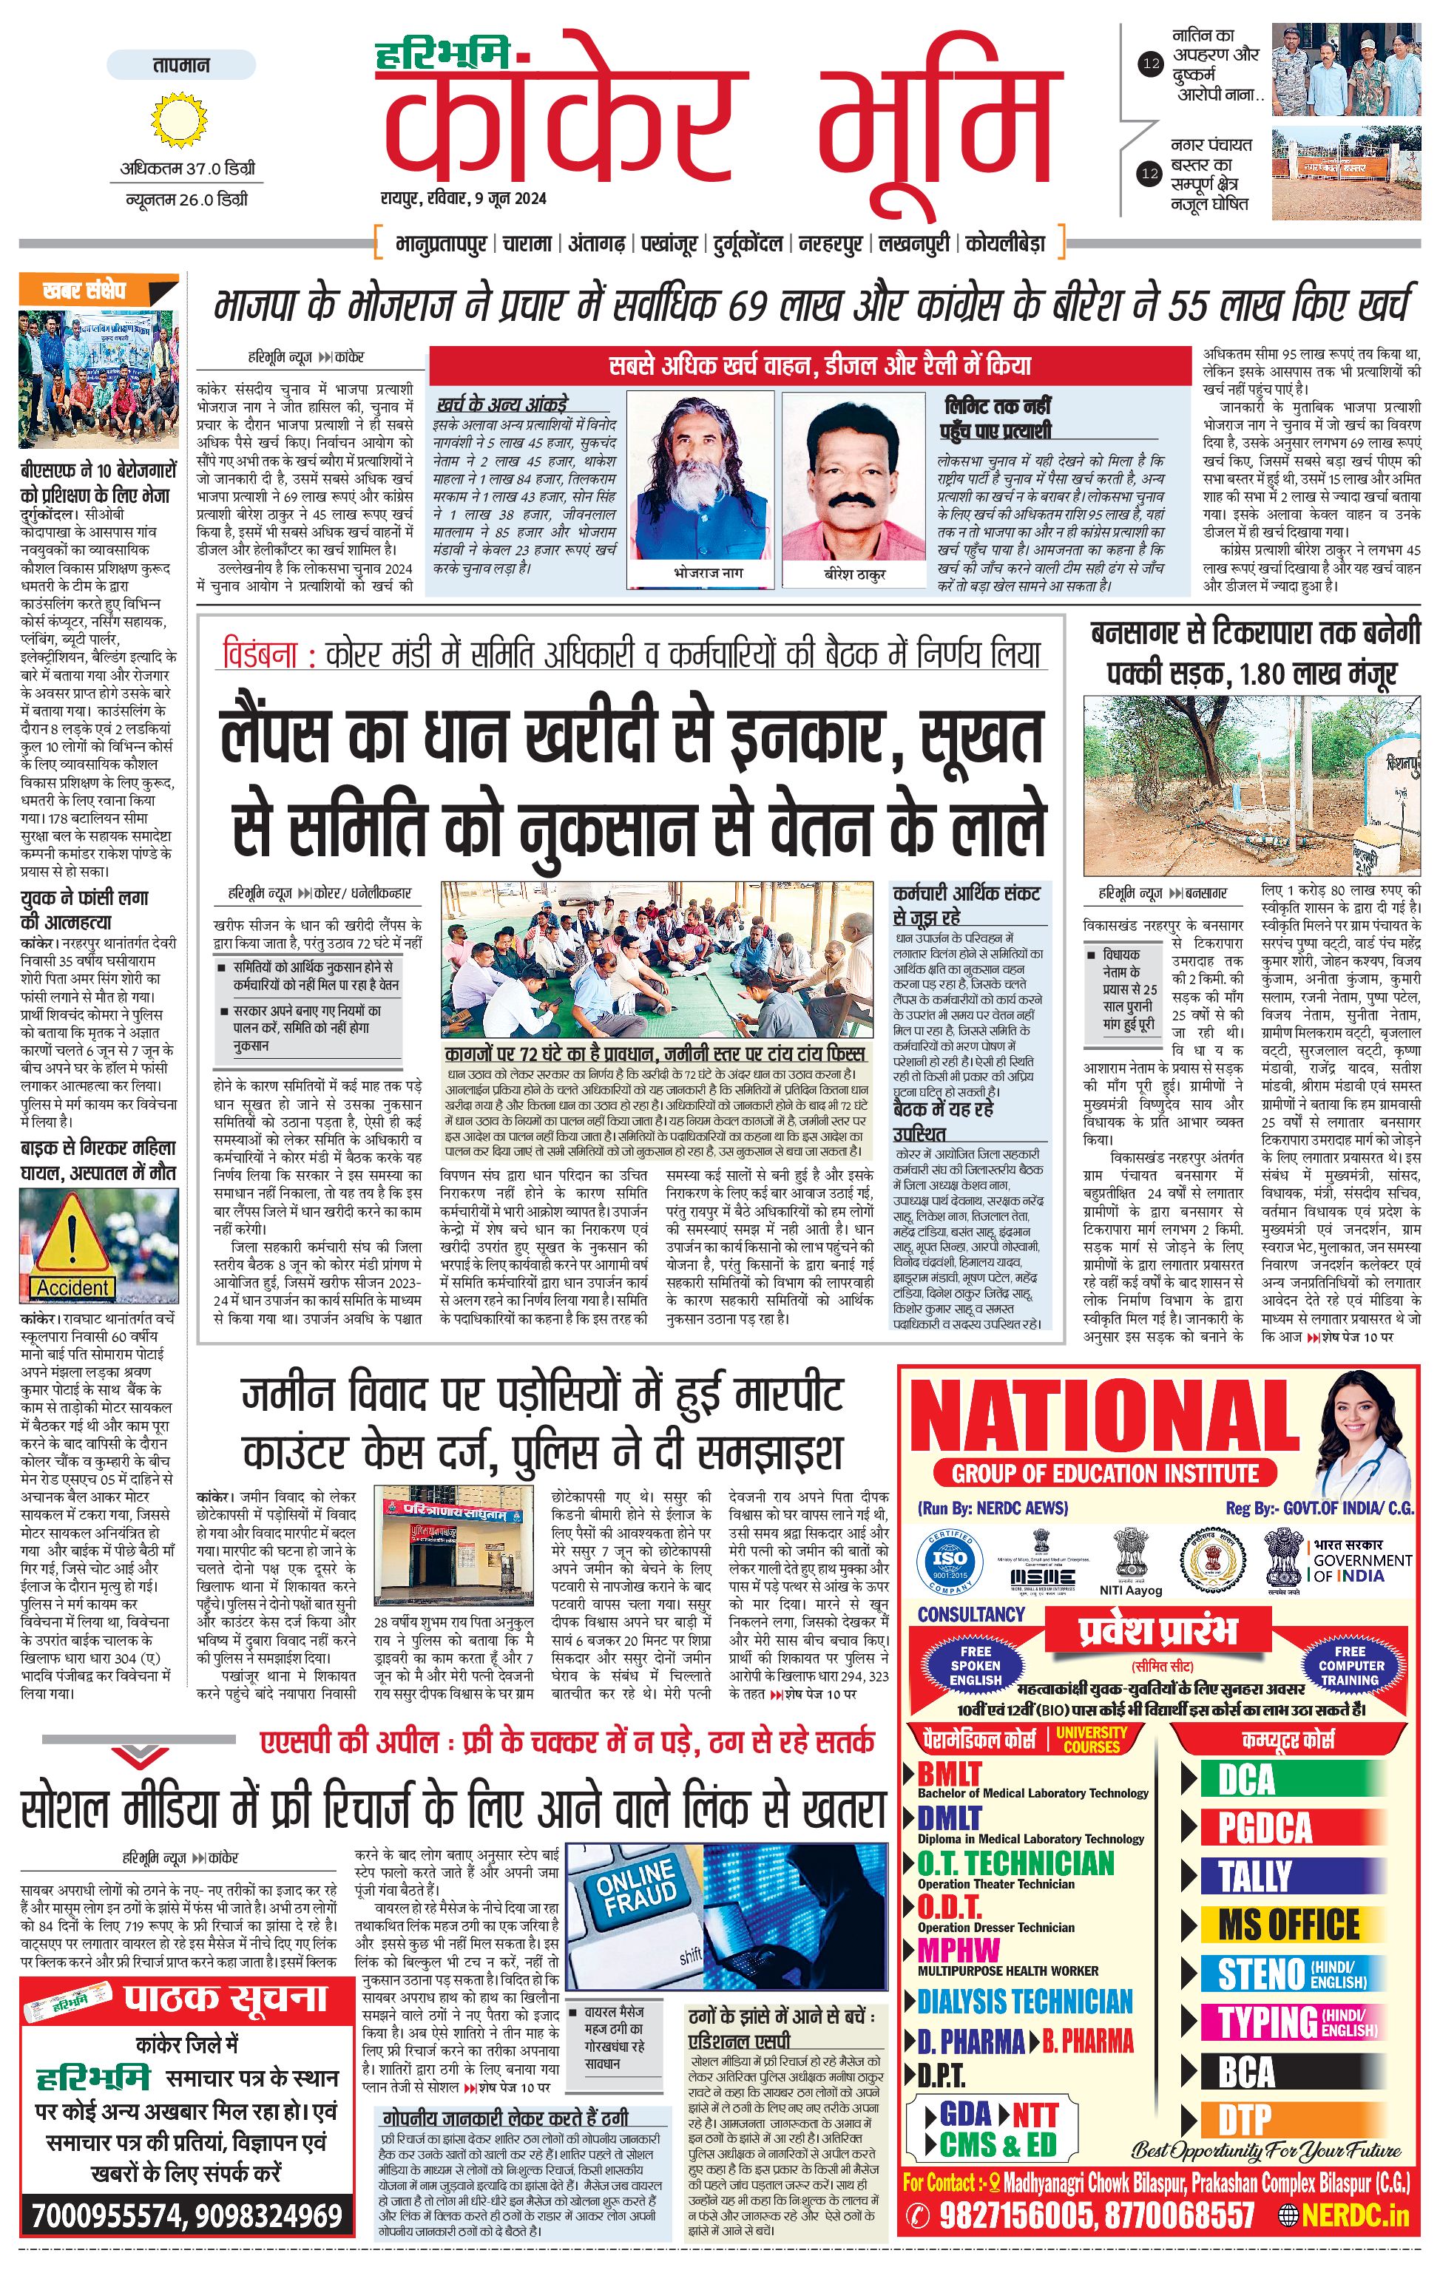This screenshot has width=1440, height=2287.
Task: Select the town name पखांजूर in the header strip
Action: tap(672, 244)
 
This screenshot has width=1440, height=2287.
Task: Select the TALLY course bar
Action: tap(1255, 1876)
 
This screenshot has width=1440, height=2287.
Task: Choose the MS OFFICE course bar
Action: tap(1288, 1925)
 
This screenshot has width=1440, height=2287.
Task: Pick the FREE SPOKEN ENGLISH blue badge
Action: tap(976, 1665)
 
